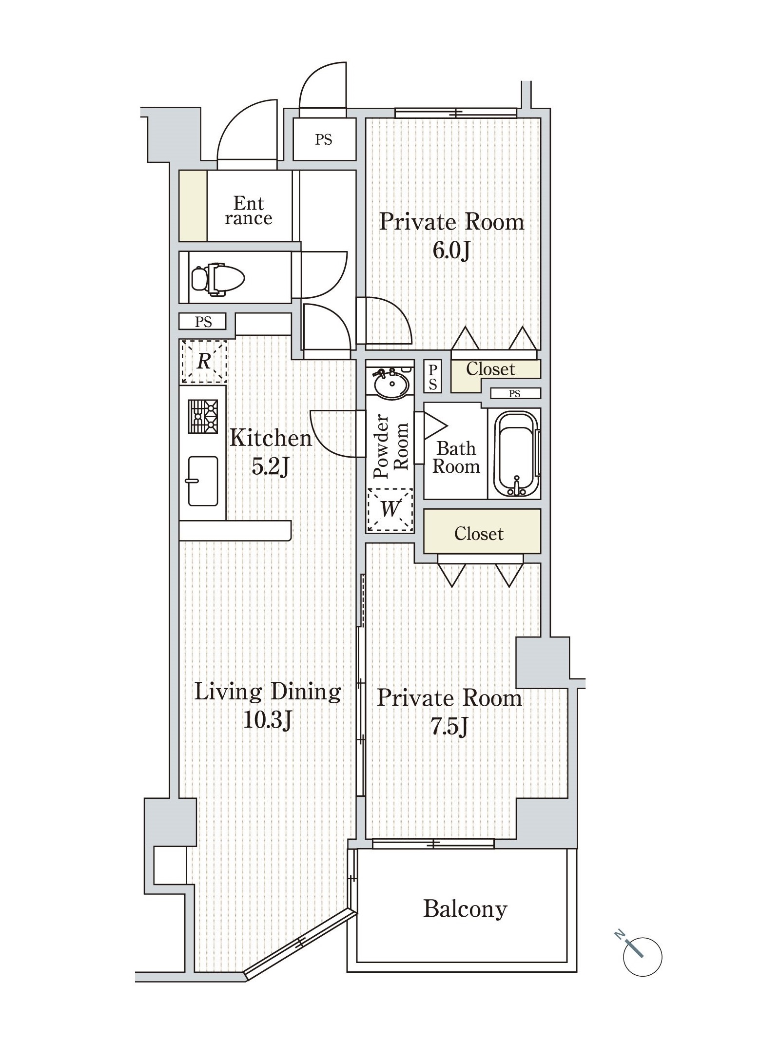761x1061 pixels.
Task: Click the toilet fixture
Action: pos(217,279)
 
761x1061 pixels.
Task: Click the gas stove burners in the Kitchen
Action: pos(203,416)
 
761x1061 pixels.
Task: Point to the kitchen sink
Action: pos(203,481)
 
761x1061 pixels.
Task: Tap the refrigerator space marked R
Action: pos(204,362)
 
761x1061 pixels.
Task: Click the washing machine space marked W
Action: pos(390,509)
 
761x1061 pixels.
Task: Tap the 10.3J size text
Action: pos(268,719)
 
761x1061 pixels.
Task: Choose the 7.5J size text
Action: pos(449,727)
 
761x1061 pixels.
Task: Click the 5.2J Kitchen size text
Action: pos(270,467)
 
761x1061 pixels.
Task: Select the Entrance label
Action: pos(248,211)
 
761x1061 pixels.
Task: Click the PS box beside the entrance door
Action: pos(323,140)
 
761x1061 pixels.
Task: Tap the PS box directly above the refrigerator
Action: pos(203,322)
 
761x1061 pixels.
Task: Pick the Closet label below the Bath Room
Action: pos(479,534)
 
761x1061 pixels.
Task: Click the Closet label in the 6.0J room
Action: pos(490,369)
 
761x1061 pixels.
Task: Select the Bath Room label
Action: pos(456,457)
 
